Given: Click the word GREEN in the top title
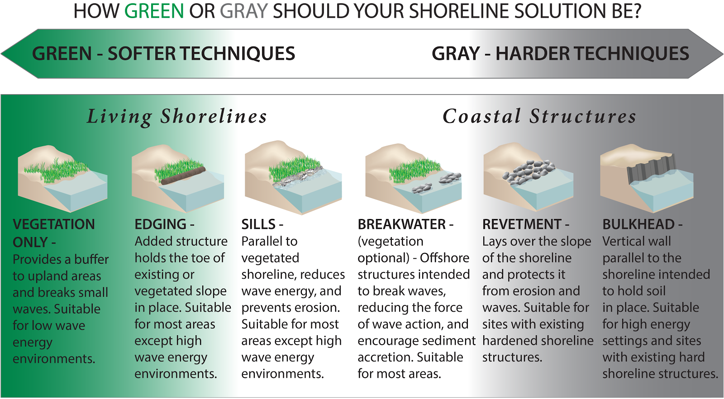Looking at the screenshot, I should coord(154,10).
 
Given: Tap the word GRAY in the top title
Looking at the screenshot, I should coord(244,10).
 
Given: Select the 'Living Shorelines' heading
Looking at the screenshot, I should coord(177,116).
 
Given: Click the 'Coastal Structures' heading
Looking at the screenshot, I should coord(539,116).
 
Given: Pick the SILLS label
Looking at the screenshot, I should coord(258,224).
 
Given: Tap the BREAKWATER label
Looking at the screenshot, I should coord(402,224).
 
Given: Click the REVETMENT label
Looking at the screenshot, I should coord(522,224).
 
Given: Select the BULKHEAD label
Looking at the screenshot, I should coord(638,224).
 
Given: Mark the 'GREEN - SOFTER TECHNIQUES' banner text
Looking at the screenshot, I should coord(163,54).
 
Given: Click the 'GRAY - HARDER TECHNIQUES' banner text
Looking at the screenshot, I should coord(560,54).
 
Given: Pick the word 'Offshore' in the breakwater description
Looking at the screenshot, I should coord(444,258).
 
